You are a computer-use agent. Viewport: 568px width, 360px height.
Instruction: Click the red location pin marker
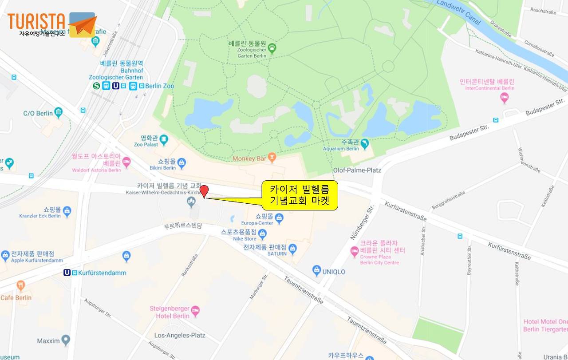pyautogui.click(x=204, y=191)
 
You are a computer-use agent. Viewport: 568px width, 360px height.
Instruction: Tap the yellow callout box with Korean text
pyautogui.click(x=300, y=195)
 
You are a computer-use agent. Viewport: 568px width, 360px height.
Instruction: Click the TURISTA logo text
pyautogui.click(x=36, y=22)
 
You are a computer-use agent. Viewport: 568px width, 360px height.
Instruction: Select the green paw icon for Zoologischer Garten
pyautogui.click(x=272, y=47)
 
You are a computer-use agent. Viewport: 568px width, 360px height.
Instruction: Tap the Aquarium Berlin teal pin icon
pyautogui.click(x=365, y=143)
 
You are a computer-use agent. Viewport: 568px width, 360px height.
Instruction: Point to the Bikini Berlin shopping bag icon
pyautogui.click(x=181, y=164)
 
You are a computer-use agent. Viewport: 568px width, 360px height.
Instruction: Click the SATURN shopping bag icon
pyautogui.click(x=292, y=249)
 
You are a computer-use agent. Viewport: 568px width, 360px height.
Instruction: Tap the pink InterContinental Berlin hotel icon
pyautogui.click(x=504, y=98)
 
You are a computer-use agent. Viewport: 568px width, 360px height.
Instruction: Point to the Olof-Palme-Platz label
pyautogui.click(x=357, y=170)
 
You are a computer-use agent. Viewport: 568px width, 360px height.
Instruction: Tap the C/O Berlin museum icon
pyautogui.click(x=59, y=112)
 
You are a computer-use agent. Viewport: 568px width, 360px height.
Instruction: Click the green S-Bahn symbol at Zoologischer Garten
pyautogui.click(x=96, y=86)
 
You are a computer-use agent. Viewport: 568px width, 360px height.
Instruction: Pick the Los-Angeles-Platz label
pyautogui.click(x=179, y=335)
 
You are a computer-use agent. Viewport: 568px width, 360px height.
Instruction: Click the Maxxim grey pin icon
pyautogui.click(x=66, y=340)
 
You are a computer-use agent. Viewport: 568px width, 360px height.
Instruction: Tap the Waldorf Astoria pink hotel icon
pyautogui.click(x=126, y=162)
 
